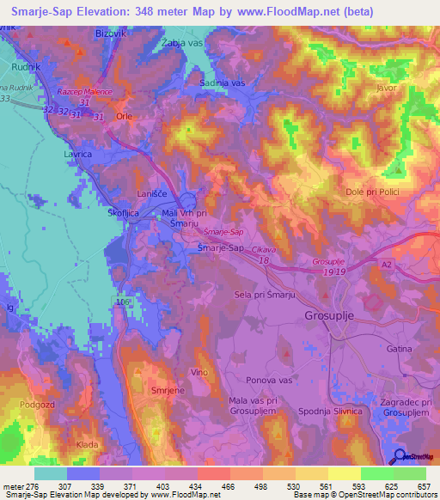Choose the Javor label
388,88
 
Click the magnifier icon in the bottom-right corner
400,456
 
